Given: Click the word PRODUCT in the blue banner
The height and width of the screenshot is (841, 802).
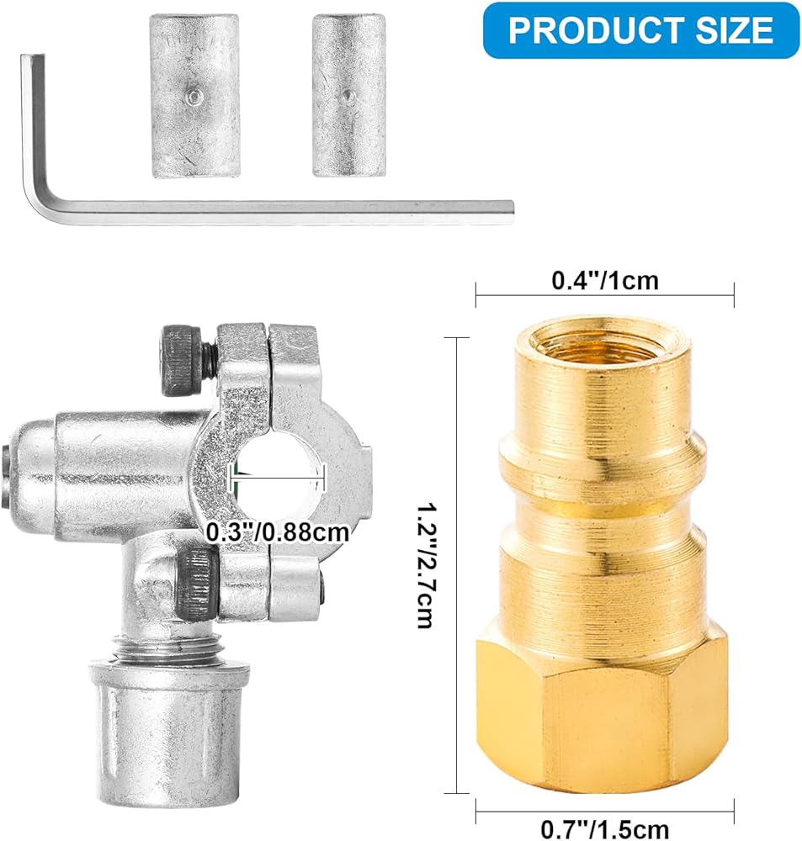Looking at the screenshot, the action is point(596,30).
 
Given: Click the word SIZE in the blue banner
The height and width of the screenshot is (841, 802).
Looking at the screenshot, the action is point(735,30).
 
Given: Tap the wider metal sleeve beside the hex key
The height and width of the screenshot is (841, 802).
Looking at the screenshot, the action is point(195,96).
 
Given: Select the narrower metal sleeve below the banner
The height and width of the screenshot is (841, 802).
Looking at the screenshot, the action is point(349,96).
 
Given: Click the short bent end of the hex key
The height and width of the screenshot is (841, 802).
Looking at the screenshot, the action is point(32,108).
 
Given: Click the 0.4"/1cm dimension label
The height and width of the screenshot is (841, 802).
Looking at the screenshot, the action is point(605,281).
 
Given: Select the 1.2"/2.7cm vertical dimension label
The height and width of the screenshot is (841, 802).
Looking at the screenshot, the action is point(428,565).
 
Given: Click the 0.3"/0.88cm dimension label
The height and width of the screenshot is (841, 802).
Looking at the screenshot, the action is point(278,532).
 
